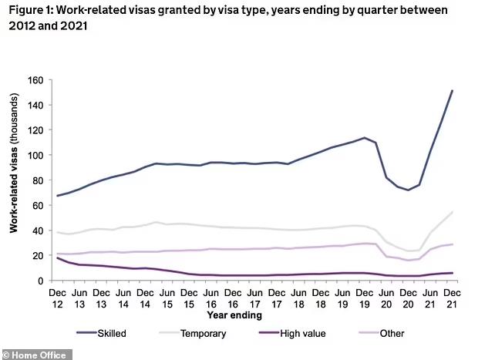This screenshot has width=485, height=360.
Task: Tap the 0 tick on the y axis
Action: [x=40, y=281]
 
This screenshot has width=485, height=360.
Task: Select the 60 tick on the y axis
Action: [x=35, y=205]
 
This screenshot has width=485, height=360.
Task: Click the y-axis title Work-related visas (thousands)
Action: [x=13, y=180]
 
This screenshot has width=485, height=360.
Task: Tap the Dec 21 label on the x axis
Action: [x=451, y=298]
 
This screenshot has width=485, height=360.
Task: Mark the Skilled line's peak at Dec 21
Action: [x=451, y=91]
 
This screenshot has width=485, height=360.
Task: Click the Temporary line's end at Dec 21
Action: [x=451, y=211]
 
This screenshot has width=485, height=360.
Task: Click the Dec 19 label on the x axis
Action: [x=364, y=298]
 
